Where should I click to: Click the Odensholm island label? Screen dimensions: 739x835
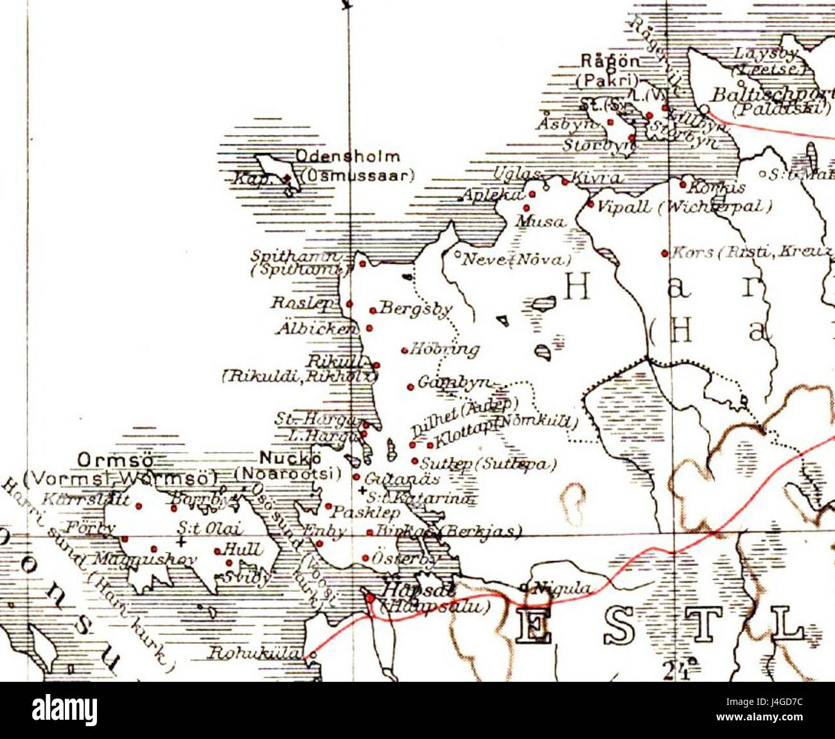(347, 157)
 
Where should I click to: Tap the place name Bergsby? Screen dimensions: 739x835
(414, 309)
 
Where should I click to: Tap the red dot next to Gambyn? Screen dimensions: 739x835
(410, 387)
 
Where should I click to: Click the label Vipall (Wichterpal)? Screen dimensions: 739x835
(684, 207)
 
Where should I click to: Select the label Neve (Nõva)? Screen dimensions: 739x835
(516, 259)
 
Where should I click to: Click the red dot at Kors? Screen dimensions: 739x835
(665, 253)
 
